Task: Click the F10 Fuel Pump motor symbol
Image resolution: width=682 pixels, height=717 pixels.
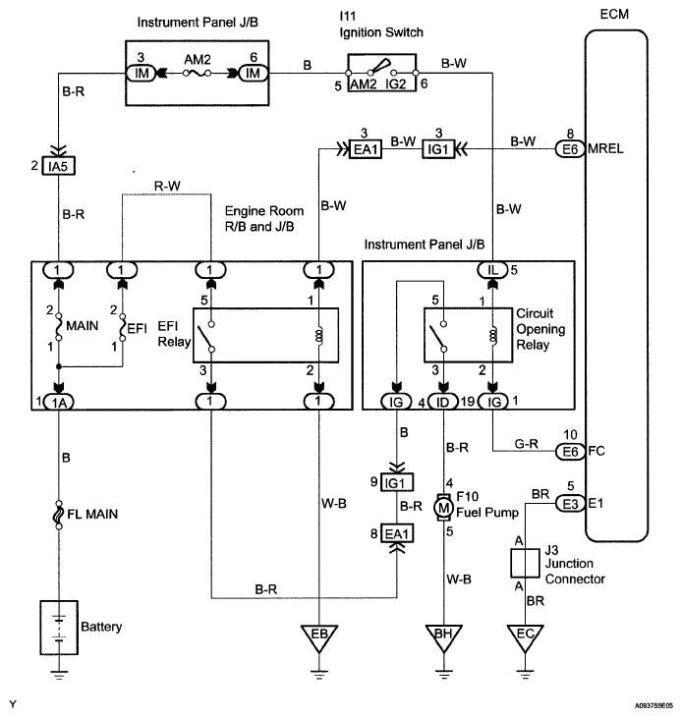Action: (443, 507)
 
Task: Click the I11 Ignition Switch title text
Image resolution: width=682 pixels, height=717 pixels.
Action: (392, 25)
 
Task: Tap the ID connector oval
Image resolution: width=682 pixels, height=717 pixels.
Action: (444, 401)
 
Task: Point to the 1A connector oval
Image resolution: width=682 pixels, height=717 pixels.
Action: (59, 401)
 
